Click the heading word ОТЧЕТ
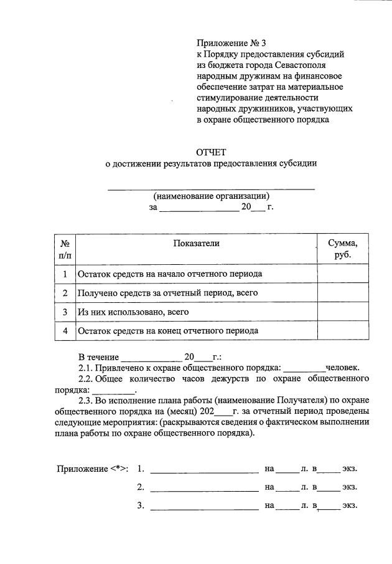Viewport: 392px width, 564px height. pos(212,152)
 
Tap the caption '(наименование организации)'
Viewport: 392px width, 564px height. pos(212,195)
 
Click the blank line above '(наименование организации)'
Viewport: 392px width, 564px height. pos(212,187)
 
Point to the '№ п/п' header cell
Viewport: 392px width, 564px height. pos(65,249)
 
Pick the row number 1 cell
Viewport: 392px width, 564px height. pos(65,274)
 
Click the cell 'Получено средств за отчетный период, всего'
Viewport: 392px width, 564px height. pos(167,292)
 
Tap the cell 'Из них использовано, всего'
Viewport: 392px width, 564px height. pos(133,312)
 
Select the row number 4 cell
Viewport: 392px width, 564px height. pos(65,331)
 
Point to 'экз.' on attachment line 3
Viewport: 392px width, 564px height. pos(349,505)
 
